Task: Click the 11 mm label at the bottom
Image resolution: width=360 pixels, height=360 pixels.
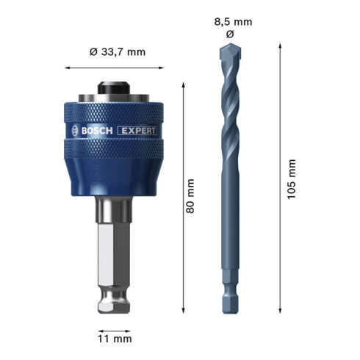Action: coord(115,338)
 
